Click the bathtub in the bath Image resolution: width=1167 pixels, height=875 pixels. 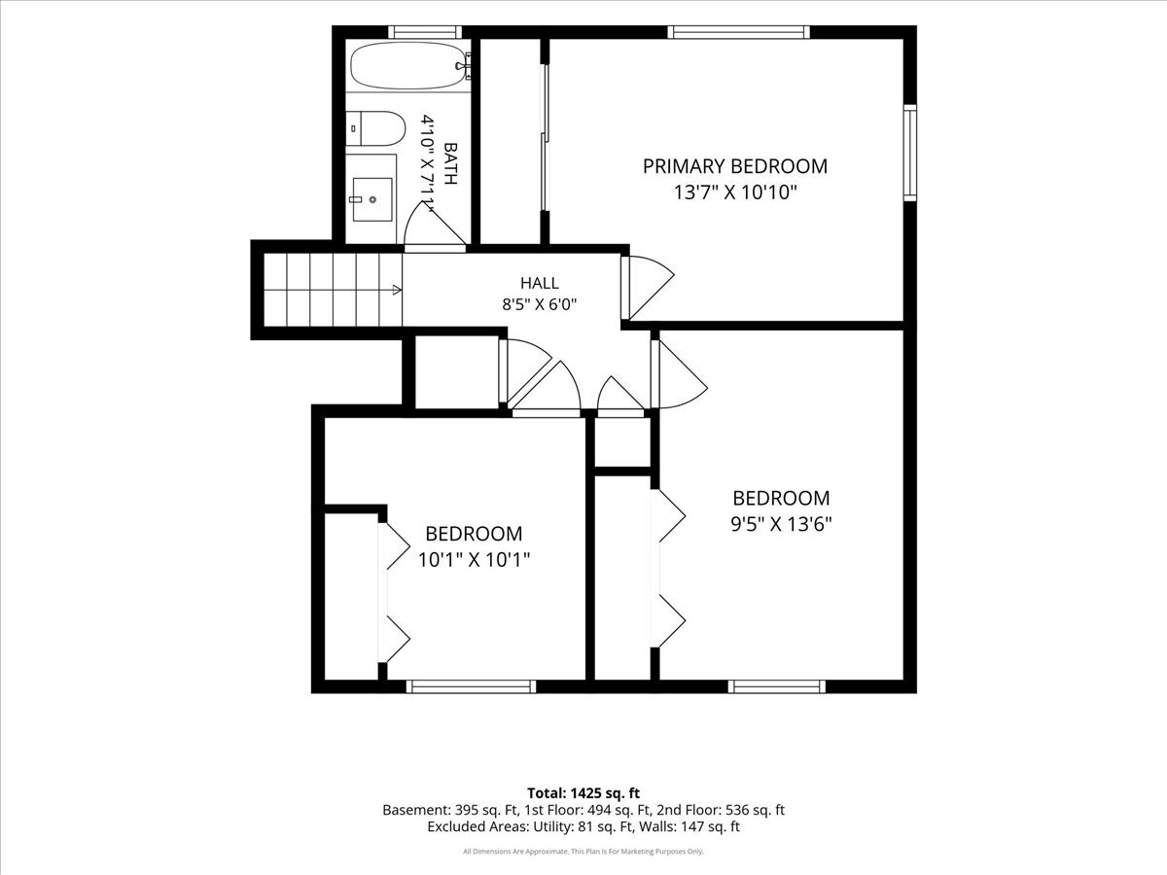pyautogui.click(x=408, y=66)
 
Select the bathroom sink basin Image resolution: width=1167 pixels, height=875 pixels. pyautogui.click(x=372, y=199)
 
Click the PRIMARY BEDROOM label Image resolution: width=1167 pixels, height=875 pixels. pyautogui.click(x=735, y=166)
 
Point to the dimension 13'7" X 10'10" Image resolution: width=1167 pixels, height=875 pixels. pyautogui.click(x=735, y=192)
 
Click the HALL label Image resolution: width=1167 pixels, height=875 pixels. pyautogui.click(x=539, y=283)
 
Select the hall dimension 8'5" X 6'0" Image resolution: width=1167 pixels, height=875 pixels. pyautogui.click(x=539, y=305)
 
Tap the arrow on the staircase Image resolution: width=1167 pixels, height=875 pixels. pyautogui.click(x=397, y=290)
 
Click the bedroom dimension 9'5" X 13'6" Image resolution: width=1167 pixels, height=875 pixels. pyautogui.click(x=781, y=524)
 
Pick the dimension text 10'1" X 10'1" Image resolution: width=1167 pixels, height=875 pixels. pyautogui.click(x=475, y=559)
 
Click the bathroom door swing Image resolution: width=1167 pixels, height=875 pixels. pyautogui.click(x=435, y=226)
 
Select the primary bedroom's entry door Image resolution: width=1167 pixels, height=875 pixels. pyautogui.click(x=648, y=287)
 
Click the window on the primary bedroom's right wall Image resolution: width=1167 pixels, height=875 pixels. pyautogui.click(x=910, y=153)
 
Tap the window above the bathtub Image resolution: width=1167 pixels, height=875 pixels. pyautogui.click(x=424, y=32)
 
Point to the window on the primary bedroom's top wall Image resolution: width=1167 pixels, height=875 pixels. pyautogui.click(x=738, y=32)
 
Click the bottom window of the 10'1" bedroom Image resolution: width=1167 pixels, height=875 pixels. pyautogui.click(x=471, y=686)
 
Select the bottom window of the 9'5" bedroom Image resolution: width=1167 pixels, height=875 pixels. pyautogui.click(x=776, y=686)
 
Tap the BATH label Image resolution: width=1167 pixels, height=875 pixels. pyautogui.click(x=450, y=163)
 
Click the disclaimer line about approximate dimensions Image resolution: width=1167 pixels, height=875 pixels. pyautogui.click(x=583, y=851)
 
